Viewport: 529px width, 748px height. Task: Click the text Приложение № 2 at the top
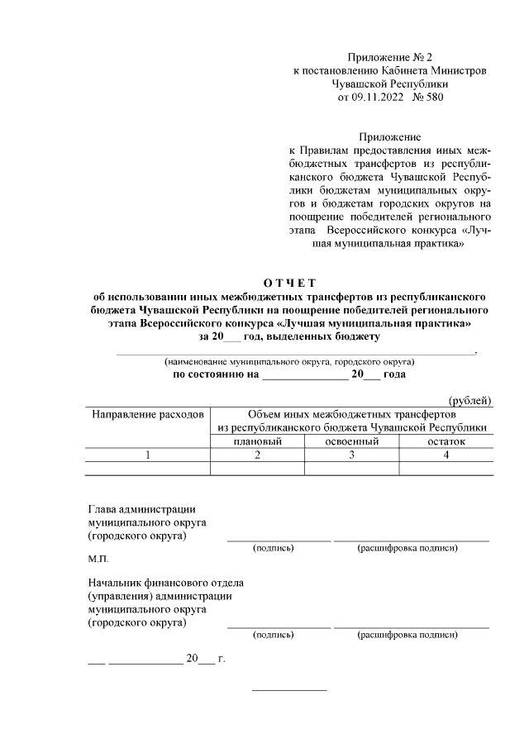(390, 57)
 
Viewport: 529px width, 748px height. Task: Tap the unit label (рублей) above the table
(469, 401)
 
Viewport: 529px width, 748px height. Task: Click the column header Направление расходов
(147, 413)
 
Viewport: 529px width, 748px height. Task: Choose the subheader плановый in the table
(257, 441)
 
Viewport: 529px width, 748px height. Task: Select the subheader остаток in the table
(446, 441)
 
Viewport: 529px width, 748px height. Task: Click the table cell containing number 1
(147, 455)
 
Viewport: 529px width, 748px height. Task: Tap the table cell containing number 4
(446, 455)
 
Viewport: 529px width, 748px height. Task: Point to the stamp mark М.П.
(98, 560)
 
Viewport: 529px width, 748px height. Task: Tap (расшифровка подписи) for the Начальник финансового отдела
(407, 635)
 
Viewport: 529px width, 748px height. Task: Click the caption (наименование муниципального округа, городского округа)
(288, 362)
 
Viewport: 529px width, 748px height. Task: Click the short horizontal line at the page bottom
(288, 690)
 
